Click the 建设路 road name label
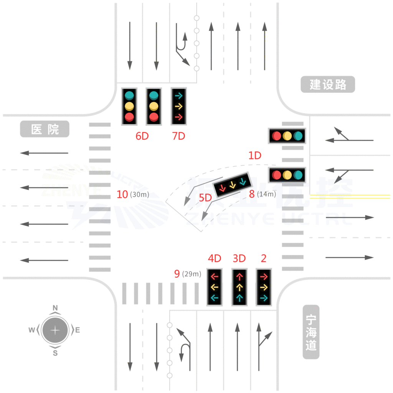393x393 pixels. coord(327,84)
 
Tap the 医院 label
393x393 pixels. coord(45,129)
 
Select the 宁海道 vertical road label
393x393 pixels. coord(311,332)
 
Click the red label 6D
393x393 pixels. coord(142,136)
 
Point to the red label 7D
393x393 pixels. coord(178,136)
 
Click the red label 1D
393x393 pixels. coord(255,155)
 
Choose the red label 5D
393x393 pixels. coord(205,198)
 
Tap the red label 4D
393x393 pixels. coord(215,258)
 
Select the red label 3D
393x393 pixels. coord(239,258)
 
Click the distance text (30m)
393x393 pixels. coord(139,195)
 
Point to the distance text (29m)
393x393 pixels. coord(192,274)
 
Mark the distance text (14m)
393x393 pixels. coord(266,194)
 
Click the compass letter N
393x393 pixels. coord(55,308)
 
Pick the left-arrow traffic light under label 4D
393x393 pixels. coord(215,287)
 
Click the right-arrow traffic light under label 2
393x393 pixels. coord(264,287)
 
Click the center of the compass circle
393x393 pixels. coord(55,330)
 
